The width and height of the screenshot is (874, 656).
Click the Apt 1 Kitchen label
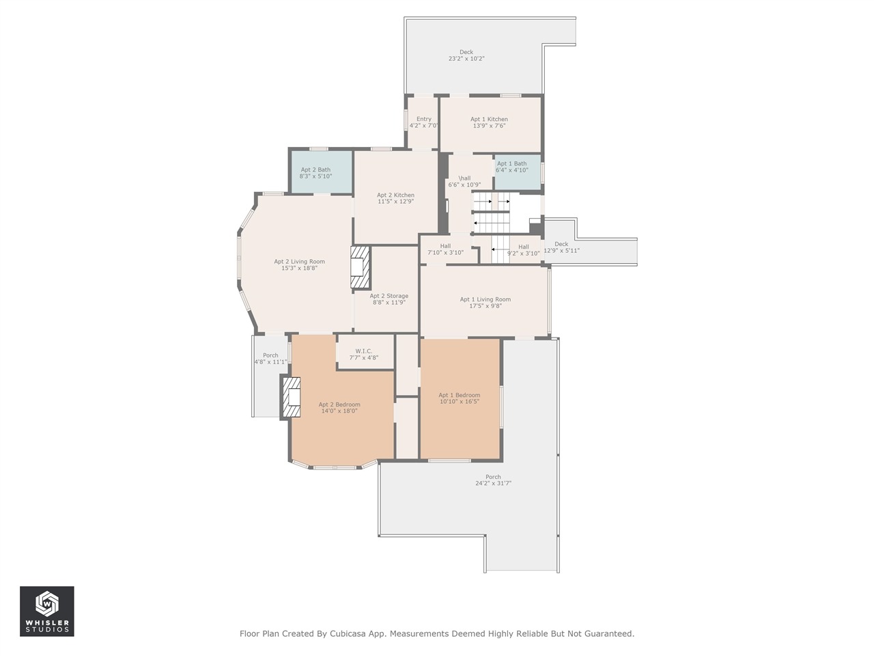pos(489,119)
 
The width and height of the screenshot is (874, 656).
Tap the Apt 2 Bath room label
pos(315,169)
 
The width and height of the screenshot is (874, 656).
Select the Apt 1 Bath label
pos(511,164)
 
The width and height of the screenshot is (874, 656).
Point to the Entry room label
pos(423,119)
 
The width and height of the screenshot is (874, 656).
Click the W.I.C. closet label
pos(363,351)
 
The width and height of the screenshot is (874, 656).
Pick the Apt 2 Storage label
pos(389,296)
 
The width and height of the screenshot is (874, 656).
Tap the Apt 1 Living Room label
pos(485,299)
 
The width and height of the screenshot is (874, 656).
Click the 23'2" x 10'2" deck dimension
pos(466,59)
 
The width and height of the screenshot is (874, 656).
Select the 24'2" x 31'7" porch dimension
pos(493,484)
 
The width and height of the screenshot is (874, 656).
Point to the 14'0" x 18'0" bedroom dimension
pos(339,411)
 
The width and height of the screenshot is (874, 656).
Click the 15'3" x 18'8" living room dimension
pos(299,268)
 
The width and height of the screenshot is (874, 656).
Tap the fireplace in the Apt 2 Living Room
pos(361,267)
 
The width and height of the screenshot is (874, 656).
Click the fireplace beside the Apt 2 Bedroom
pos(291,397)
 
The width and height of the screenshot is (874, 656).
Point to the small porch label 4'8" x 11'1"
pos(271,362)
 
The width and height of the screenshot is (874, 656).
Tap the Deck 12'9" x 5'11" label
pos(561,247)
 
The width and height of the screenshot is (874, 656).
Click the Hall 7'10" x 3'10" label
pos(445,249)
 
